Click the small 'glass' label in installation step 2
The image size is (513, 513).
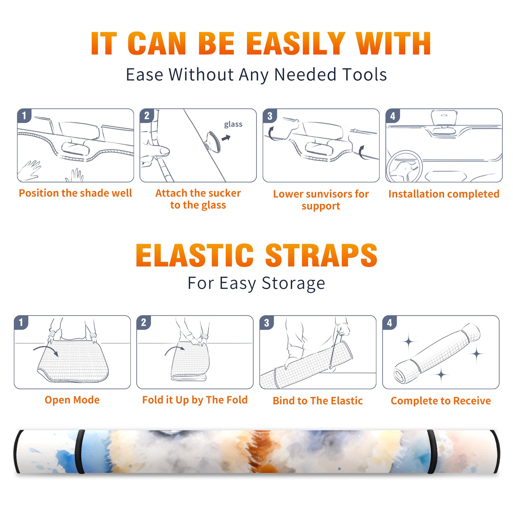(233, 124)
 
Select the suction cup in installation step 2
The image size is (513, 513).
(214, 141)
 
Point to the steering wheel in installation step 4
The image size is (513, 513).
(404, 166)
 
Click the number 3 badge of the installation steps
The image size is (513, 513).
(270, 116)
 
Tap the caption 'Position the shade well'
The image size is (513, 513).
(75, 193)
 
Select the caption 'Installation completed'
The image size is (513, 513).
(444, 194)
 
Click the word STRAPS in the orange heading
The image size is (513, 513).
(321, 255)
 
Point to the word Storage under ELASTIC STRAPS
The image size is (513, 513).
(293, 283)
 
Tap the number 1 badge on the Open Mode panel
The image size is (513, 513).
(21, 322)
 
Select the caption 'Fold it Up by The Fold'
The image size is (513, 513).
(195, 400)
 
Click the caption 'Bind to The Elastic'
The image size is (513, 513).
(318, 401)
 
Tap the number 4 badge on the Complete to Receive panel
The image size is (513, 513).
(389, 323)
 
